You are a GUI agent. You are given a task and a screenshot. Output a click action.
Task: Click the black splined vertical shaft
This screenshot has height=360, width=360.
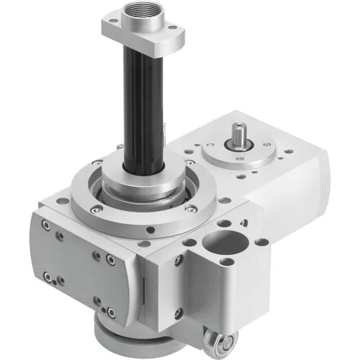[140, 110]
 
